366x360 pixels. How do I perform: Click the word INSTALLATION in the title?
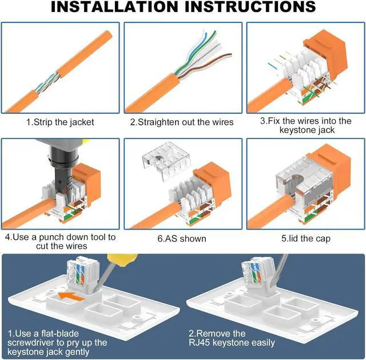(x=114, y=6)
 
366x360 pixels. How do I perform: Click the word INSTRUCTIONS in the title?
(x=250, y=6)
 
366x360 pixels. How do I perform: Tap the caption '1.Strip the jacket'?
(x=60, y=122)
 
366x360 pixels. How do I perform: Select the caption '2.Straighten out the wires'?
(x=182, y=122)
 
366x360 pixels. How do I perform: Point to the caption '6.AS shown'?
(x=182, y=239)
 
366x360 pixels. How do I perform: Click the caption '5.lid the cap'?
(x=306, y=239)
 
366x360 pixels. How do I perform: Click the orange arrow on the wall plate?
(x=71, y=296)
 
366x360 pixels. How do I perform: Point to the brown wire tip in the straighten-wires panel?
(x=230, y=55)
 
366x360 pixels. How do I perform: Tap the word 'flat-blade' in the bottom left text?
(x=60, y=333)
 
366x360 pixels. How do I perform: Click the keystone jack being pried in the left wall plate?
(x=83, y=274)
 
